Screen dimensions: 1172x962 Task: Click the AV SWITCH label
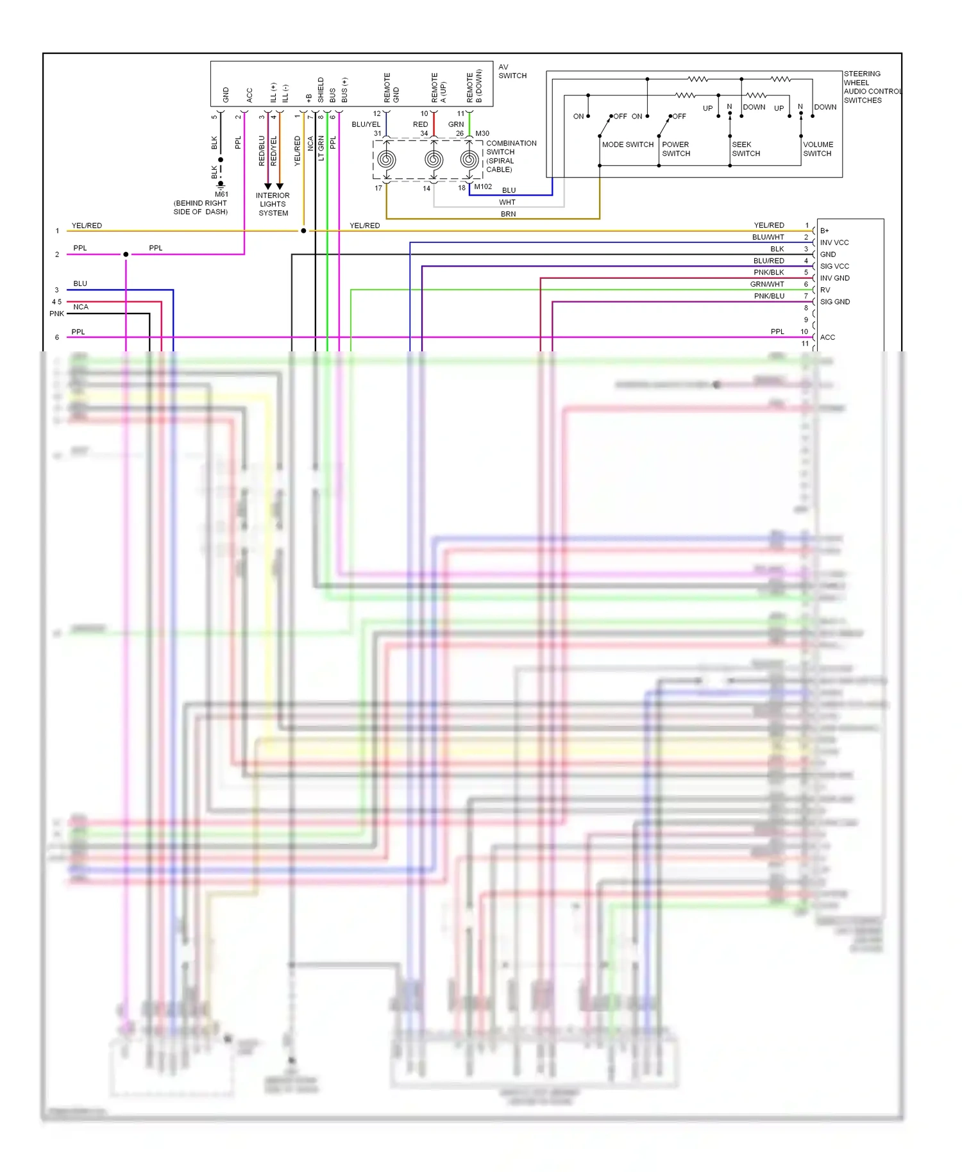tap(512, 71)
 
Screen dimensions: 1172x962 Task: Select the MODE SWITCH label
tap(627, 145)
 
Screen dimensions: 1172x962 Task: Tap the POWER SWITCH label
tap(676, 149)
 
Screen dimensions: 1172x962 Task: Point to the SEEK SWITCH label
tap(746, 149)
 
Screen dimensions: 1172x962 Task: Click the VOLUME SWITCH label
tap(818, 149)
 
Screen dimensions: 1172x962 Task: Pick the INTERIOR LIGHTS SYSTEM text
tap(273, 205)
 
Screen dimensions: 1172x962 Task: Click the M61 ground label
tap(221, 194)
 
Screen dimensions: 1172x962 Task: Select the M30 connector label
tap(482, 133)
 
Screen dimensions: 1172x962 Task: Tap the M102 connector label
tap(483, 187)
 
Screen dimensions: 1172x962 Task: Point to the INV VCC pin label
tap(834, 243)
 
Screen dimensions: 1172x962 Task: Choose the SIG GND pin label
tap(835, 302)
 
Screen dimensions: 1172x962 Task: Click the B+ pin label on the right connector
tap(825, 231)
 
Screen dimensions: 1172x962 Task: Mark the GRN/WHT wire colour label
tap(767, 284)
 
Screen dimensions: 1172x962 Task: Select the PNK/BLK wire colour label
tap(768, 272)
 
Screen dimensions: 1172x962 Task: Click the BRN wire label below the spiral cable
tap(508, 214)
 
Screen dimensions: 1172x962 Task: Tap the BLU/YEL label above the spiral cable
tap(366, 124)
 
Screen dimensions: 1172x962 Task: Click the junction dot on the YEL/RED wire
tap(303, 231)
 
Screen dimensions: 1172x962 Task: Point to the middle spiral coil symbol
tap(434, 160)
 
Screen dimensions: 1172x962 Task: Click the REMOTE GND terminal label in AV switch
tap(391, 88)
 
